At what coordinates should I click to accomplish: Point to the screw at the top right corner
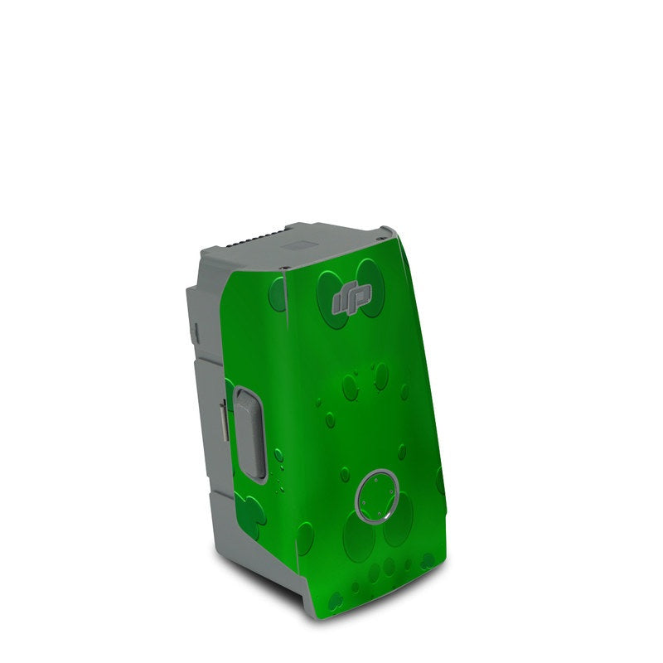[384, 230]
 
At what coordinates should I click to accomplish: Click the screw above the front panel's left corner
[283, 269]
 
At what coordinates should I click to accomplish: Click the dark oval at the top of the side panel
[278, 294]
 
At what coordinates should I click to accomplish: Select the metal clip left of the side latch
[224, 423]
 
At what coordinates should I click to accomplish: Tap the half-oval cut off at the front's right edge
[439, 482]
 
